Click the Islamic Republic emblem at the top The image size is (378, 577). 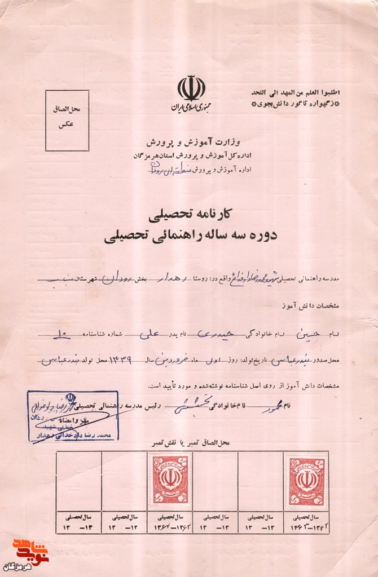point(191,88)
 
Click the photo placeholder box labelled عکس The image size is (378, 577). point(67,121)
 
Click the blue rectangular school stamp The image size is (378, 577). point(73,415)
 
